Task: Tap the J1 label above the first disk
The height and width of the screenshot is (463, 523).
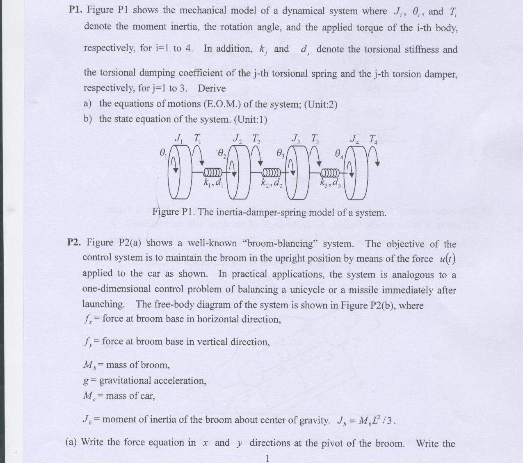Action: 179,138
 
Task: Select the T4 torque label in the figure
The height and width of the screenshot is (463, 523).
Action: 373,140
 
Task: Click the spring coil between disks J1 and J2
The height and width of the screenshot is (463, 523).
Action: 213,171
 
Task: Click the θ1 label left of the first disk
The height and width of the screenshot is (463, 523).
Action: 163,154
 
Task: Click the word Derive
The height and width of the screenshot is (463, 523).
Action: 212,88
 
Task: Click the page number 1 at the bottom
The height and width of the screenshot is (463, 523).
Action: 267,458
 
